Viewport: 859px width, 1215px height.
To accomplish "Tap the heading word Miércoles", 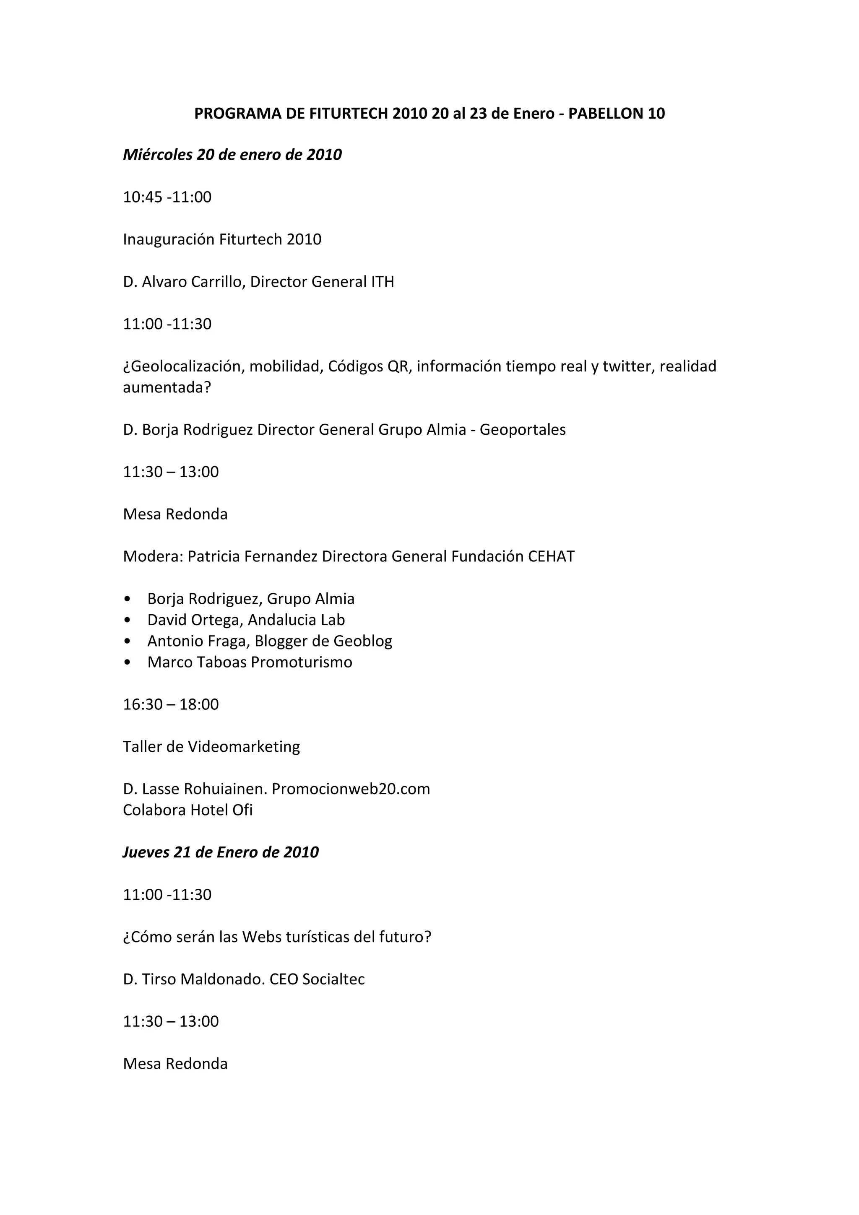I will pyautogui.click(x=158, y=155).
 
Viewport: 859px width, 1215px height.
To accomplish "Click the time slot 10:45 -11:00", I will pyautogui.click(x=167, y=197).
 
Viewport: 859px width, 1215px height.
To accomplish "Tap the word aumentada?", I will pyautogui.click(x=167, y=387).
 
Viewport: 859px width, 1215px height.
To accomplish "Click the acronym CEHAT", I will pyautogui.click(x=551, y=557).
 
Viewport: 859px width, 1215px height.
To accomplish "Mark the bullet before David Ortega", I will pyautogui.click(x=127, y=620).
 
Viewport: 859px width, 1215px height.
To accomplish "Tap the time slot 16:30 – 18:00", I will pyautogui.click(x=170, y=705).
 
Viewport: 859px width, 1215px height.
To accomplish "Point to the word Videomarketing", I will pyautogui.click(x=244, y=747).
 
